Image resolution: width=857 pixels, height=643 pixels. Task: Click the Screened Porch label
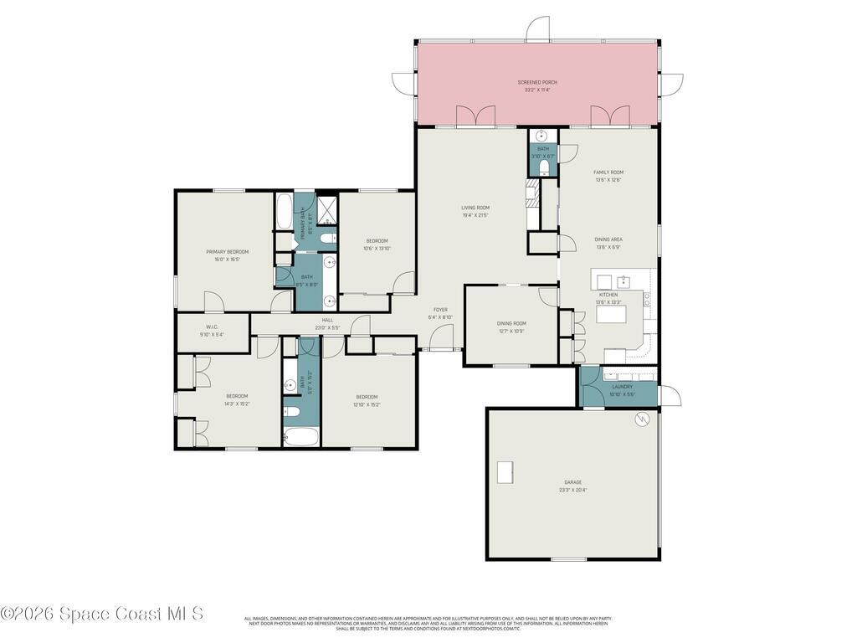(536, 82)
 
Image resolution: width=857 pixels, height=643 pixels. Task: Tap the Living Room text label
(475, 208)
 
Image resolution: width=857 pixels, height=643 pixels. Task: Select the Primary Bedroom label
(228, 251)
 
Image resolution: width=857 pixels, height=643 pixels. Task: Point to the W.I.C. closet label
(212, 327)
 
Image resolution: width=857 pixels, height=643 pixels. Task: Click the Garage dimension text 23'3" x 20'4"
(572, 490)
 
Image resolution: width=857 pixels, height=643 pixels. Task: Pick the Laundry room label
(622, 387)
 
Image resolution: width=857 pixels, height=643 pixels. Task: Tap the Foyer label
(440, 310)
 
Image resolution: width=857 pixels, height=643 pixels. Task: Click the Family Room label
(608, 172)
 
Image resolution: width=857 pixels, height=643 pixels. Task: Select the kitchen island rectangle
(611, 315)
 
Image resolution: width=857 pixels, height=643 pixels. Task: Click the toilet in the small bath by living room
(543, 167)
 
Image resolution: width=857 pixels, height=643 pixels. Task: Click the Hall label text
(327, 319)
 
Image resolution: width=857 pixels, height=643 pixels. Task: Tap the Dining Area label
(608, 239)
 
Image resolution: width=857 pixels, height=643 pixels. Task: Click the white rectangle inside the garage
(506, 472)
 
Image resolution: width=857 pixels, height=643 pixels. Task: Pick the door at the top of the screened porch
(537, 29)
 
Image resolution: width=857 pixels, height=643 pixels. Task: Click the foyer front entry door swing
(441, 337)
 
